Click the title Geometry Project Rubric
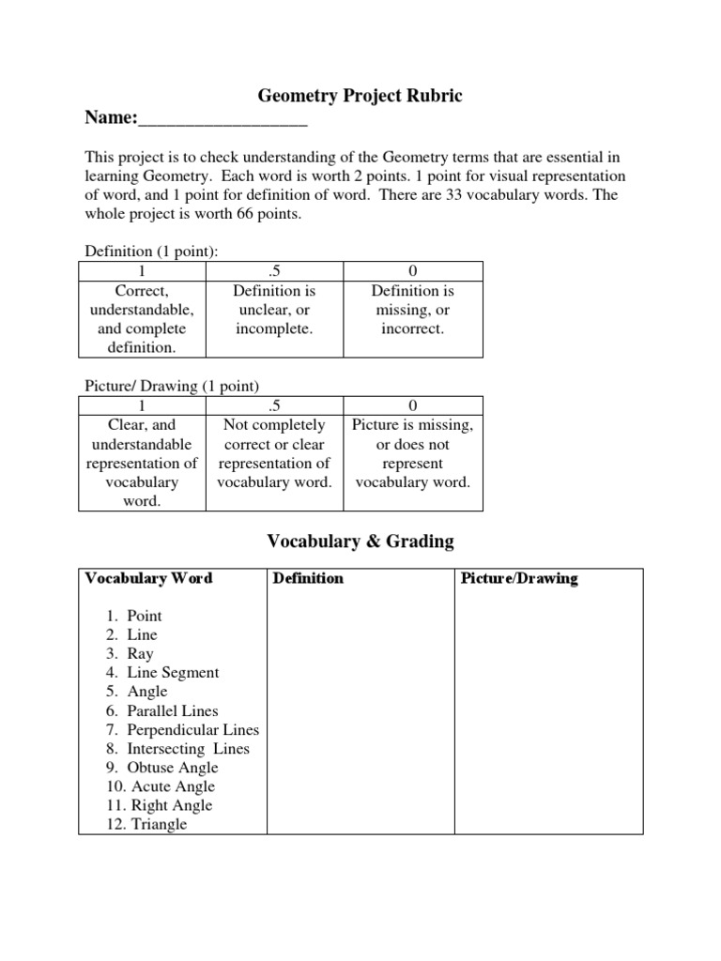[360, 97]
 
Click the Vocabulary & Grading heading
[360, 541]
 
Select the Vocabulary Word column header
[148, 578]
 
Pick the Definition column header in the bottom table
[308, 578]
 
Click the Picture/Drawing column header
[519, 578]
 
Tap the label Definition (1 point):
[152, 252]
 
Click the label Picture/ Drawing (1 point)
[172, 386]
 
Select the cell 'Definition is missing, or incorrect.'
[413, 311]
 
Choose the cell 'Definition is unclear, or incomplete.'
[274, 311]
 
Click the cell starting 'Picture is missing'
[413, 453]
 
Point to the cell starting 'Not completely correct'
[274, 453]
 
